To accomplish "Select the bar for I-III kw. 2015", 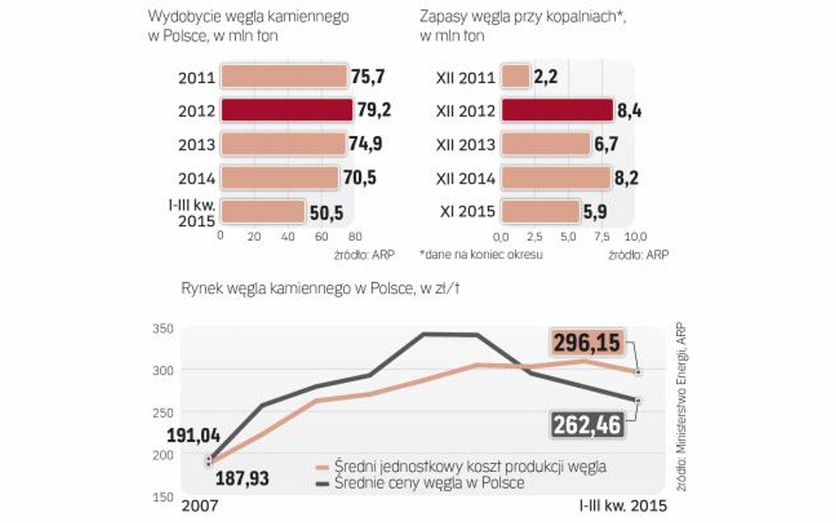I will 263,212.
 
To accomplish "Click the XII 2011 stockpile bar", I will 515,77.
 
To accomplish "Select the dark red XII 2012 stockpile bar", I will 556,110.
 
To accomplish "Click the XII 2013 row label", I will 465,145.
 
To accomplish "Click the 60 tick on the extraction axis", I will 320,236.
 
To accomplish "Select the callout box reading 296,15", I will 586,342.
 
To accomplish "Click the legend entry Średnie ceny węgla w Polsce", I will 429,482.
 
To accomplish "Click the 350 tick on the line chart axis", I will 161,328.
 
